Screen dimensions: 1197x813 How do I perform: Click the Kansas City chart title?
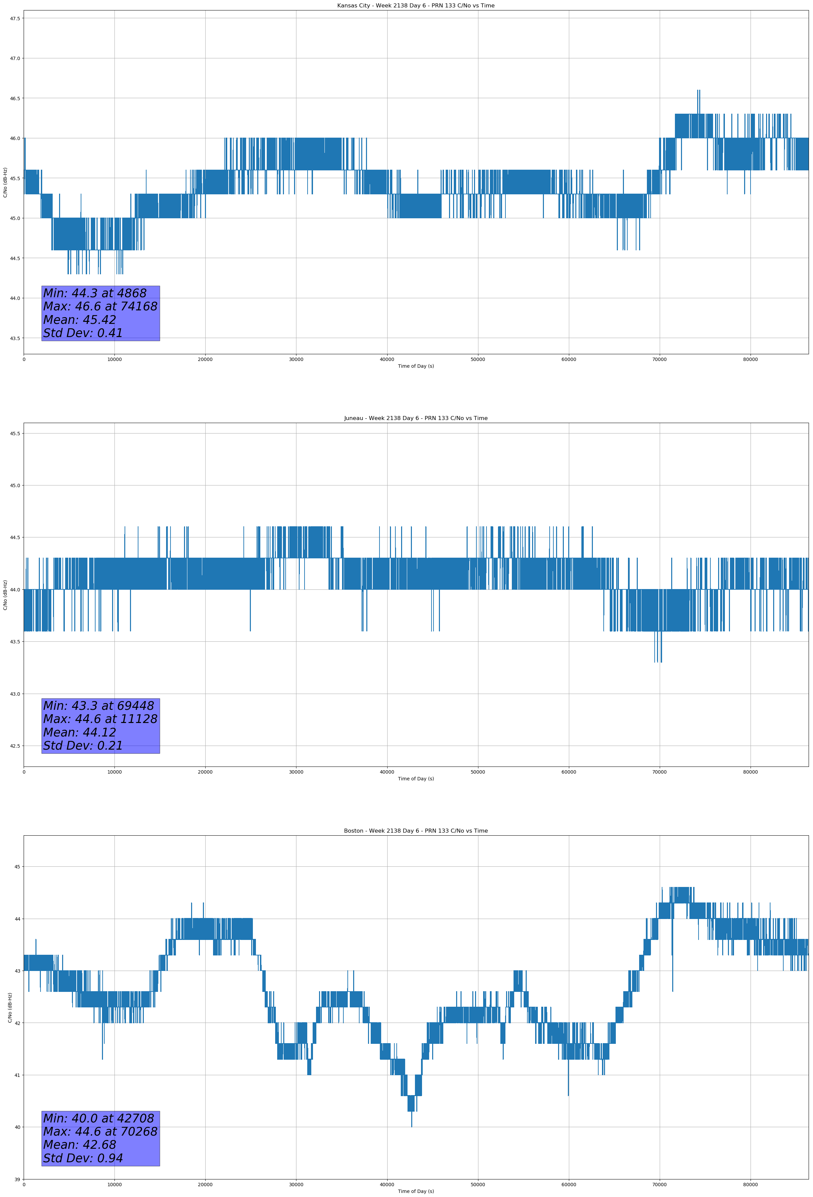(x=416, y=6)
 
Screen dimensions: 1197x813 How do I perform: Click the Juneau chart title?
(x=416, y=418)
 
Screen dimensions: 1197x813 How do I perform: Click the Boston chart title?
(x=416, y=831)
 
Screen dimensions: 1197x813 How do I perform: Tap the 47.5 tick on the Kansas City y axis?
(x=15, y=19)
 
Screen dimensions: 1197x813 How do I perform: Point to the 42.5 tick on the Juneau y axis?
(x=15, y=746)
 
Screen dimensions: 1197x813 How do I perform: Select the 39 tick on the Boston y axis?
(x=17, y=1179)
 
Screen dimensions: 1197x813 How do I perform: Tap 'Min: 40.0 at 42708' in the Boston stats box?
(x=99, y=1118)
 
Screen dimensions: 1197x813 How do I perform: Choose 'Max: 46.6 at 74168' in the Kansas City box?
(x=100, y=306)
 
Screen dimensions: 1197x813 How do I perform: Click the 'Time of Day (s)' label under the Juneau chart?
(x=416, y=779)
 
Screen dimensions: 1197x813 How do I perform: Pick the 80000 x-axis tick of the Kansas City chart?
(x=750, y=360)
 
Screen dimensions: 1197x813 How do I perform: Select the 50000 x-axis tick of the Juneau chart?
(x=478, y=772)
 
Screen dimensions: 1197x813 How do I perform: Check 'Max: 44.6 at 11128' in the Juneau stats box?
(x=100, y=719)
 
